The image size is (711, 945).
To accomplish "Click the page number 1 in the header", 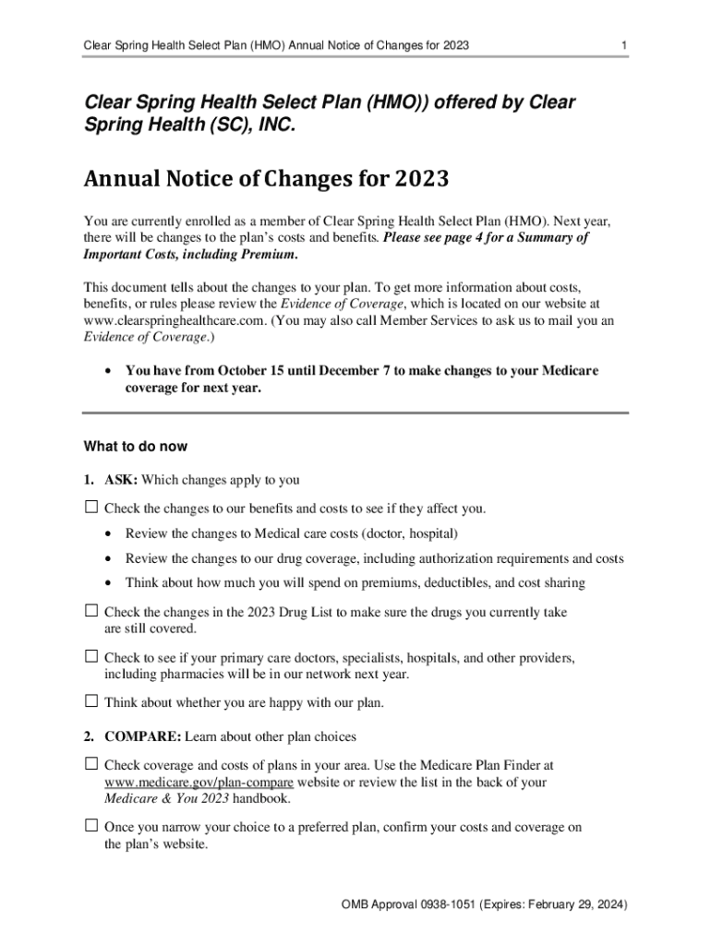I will pyautogui.click(x=625, y=45).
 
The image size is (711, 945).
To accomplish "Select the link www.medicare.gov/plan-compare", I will pyautogui.click(x=181, y=782).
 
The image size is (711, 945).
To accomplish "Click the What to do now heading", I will pyautogui.click(x=136, y=447).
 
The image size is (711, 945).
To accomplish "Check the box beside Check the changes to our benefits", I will pyautogui.click(x=91, y=508).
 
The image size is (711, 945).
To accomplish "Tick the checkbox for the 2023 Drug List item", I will pyautogui.click(x=91, y=611).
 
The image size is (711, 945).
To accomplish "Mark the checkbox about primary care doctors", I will pyautogui.click(x=91, y=657).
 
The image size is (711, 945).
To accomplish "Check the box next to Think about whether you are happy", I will pyautogui.click(x=91, y=702).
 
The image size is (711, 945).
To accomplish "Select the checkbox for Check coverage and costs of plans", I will pyautogui.click(x=91, y=764).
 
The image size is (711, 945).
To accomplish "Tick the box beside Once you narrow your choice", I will pyautogui.click(x=91, y=827).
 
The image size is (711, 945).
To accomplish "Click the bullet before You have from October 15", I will pyautogui.click(x=109, y=371).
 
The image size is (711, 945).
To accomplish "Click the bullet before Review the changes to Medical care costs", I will pyautogui.click(x=109, y=534).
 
